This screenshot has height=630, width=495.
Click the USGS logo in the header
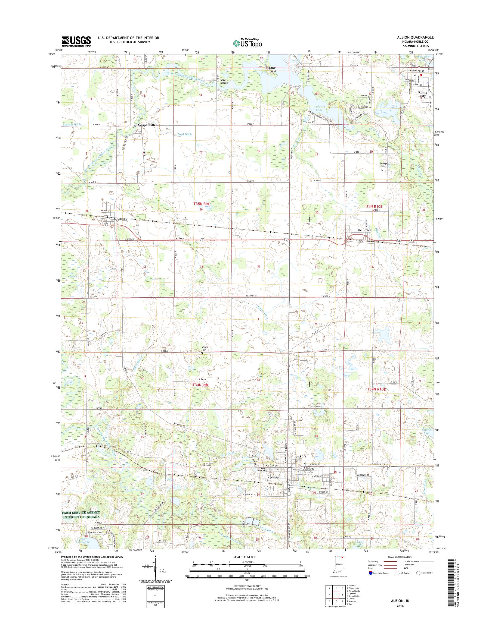coord(76,41)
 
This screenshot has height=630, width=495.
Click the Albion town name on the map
coord(309,468)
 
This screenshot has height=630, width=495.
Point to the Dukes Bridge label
coord(224,81)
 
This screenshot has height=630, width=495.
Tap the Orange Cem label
coord(383,165)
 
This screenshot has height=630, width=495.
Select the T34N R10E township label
coord(377,389)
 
